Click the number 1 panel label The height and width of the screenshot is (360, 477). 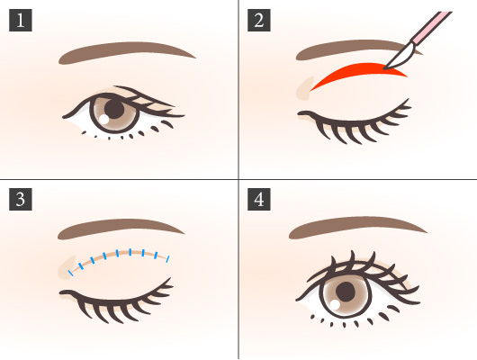click(21, 20)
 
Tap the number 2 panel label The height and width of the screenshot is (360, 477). click(259, 20)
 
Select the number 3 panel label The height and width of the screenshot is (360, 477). click(21, 199)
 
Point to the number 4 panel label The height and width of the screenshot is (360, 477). click(259, 199)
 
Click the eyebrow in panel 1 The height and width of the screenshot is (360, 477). click(125, 51)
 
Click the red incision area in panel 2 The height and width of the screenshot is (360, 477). click(359, 72)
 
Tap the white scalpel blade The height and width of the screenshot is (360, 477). click(399, 57)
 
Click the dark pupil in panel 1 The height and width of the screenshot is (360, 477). click(114, 108)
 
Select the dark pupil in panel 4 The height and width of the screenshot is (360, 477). click(346, 292)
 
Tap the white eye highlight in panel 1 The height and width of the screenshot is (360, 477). click(104, 119)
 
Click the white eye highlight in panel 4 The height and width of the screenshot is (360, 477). click(335, 304)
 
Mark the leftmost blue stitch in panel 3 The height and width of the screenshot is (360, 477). click(70, 273)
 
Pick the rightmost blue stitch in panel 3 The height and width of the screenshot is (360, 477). click(168, 259)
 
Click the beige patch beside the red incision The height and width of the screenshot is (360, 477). click(304, 89)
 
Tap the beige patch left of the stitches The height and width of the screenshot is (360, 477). click(67, 267)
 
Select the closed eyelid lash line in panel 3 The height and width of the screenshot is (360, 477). click(116, 301)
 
